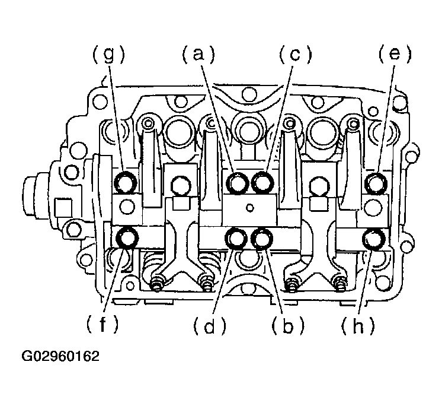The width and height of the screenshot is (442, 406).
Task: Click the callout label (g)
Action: tap(108, 55)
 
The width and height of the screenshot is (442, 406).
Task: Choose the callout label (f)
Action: tap(102, 324)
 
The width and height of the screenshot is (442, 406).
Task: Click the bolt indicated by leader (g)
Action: tap(126, 183)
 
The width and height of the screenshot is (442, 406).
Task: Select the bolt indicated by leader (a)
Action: tap(238, 183)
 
